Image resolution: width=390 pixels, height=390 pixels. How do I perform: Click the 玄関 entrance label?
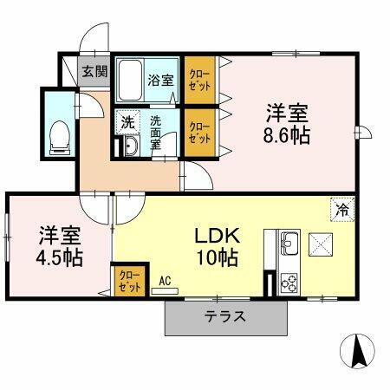point(94,72)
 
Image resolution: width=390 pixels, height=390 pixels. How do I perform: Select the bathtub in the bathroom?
point(131,81)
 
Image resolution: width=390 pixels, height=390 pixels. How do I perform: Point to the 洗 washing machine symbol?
point(127,121)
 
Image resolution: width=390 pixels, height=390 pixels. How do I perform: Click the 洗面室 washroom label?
point(156,132)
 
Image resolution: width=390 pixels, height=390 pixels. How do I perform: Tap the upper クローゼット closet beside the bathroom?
point(200,81)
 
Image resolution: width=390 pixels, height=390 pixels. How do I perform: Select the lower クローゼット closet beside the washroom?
point(200,133)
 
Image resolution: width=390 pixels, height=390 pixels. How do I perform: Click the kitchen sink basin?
point(289,242)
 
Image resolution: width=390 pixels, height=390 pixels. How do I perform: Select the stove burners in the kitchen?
point(288,282)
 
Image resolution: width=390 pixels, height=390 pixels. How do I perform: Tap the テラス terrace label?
point(224,316)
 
